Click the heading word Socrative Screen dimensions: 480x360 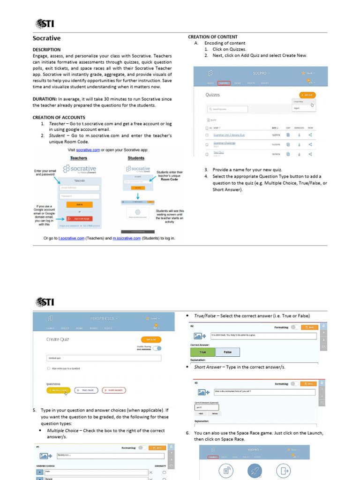46,38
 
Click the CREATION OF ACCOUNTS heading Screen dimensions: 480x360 59,117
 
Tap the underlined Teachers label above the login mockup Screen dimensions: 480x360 79,158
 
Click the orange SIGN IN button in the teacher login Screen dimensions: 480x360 79,205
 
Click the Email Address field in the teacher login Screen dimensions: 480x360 79,188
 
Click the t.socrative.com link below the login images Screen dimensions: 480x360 71,238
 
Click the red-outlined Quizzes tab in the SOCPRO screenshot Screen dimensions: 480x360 224,83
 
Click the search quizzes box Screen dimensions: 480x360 227,109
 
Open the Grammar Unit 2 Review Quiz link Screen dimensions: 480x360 229,135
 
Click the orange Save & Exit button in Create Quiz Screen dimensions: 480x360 151,339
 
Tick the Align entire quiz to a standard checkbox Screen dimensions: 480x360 49,369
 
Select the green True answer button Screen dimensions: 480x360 202,352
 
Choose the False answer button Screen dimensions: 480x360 227,352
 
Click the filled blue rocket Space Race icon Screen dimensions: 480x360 255,470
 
